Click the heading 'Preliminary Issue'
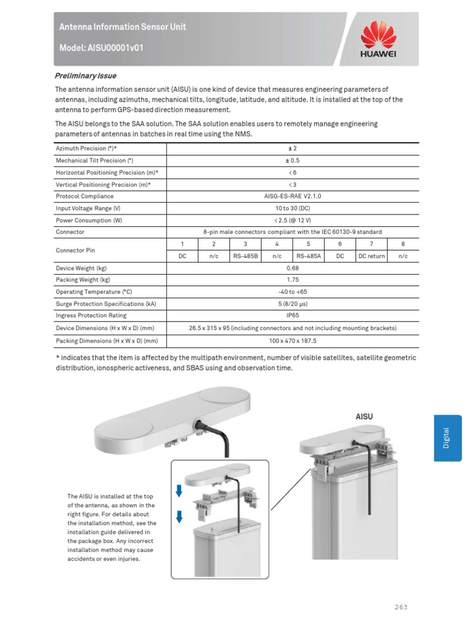[x=86, y=76]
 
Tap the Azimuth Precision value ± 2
[x=293, y=149]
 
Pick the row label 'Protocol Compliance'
[x=84, y=197]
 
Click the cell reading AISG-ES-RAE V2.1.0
[x=293, y=197]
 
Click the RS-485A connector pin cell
[x=309, y=256]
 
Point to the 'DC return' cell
[x=371, y=256]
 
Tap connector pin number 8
[x=403, y=245]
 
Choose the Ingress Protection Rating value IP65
[x=293, y=315]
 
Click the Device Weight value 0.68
[x=293, y=268]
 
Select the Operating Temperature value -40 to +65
[x=293, y=291]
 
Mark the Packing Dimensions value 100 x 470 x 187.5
[x=293, y=340]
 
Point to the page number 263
[x=401, y=607]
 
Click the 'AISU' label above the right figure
[x=365, y=417]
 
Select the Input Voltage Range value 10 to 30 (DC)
[x=293, y=208]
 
